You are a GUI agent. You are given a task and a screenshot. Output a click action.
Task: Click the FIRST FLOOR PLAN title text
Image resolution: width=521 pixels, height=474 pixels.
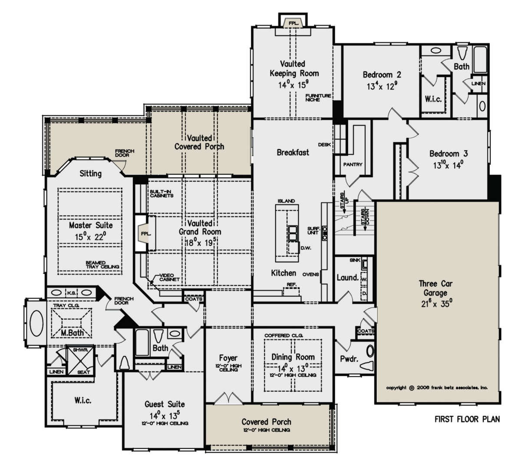pyautogui.click(x=467, y=419)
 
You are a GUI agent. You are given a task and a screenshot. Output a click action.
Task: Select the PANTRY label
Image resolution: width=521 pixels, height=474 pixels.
pyautogui.click(x=353, y=164)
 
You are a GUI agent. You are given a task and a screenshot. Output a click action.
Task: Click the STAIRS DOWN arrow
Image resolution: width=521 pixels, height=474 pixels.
pyautogui.click(x=365, y=220)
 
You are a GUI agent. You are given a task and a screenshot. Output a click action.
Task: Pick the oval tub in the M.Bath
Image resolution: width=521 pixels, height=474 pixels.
pyautogui.click(x=36, y=323)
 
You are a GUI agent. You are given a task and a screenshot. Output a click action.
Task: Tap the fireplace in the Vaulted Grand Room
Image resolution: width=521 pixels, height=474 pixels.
pyautogui.click(x=145, y=233)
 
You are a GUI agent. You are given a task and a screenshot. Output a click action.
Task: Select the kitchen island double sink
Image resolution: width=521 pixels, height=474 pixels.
pyautogui.click(x=293, y=233)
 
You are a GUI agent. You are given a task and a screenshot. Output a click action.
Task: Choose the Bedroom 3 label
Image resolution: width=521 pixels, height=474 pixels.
pyautogui.click(x=448, y=154)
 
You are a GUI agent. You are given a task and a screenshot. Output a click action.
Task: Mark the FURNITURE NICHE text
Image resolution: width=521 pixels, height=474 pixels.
pyautogui.click(x=318, y=98)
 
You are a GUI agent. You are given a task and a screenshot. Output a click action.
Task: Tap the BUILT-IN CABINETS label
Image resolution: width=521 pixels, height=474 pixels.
pyautogui.click(x=162, y=193)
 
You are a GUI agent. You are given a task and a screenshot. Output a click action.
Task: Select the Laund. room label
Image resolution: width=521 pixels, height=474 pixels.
pyautogui.click(x=347, y=278)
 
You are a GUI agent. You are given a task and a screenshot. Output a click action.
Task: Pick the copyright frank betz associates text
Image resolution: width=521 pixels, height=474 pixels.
pyautogui.click(x=437, y=388)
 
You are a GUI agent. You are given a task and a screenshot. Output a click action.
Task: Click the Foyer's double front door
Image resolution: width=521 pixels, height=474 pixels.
pyautogui.click(x=228, y=398)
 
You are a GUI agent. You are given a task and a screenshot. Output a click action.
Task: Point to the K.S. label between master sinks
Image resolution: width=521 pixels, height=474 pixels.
pyautogui.click(x=72, y=293)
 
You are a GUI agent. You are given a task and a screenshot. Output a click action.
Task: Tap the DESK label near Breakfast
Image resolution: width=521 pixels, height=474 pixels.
pyautogui.click(x=324, y=144)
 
